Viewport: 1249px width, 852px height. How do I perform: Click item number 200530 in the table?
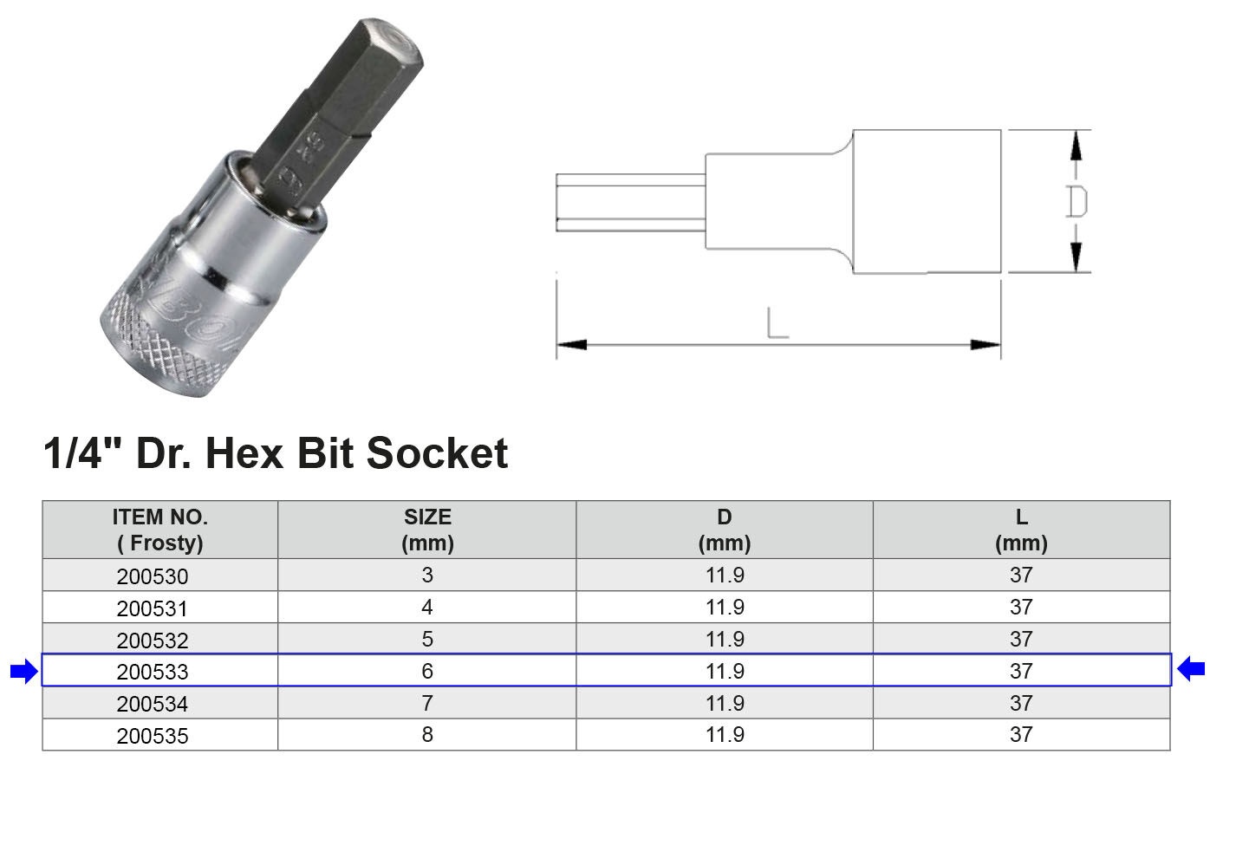pyautogui.click(x=153, y=576)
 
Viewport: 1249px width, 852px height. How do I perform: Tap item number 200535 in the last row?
pyautogui.click(x=153, y=736)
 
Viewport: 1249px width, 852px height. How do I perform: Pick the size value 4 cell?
pyautogui.click(x=427, y=608)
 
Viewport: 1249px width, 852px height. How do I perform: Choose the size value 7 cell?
pyautogui.click(x=427, y=703)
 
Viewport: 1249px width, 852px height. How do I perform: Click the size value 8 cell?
pyautogui.click(x=427, y=735)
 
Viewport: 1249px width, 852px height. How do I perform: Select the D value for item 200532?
pyautogui.click(x=725, y=639)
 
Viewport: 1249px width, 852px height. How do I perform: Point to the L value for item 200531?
pyautogui.click(x=1021, y=608)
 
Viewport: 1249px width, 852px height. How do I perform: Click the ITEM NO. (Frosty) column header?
pyautogui.click(x=160, y=530)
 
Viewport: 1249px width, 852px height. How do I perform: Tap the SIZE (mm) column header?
pyautogui.click(x=427, y=530)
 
